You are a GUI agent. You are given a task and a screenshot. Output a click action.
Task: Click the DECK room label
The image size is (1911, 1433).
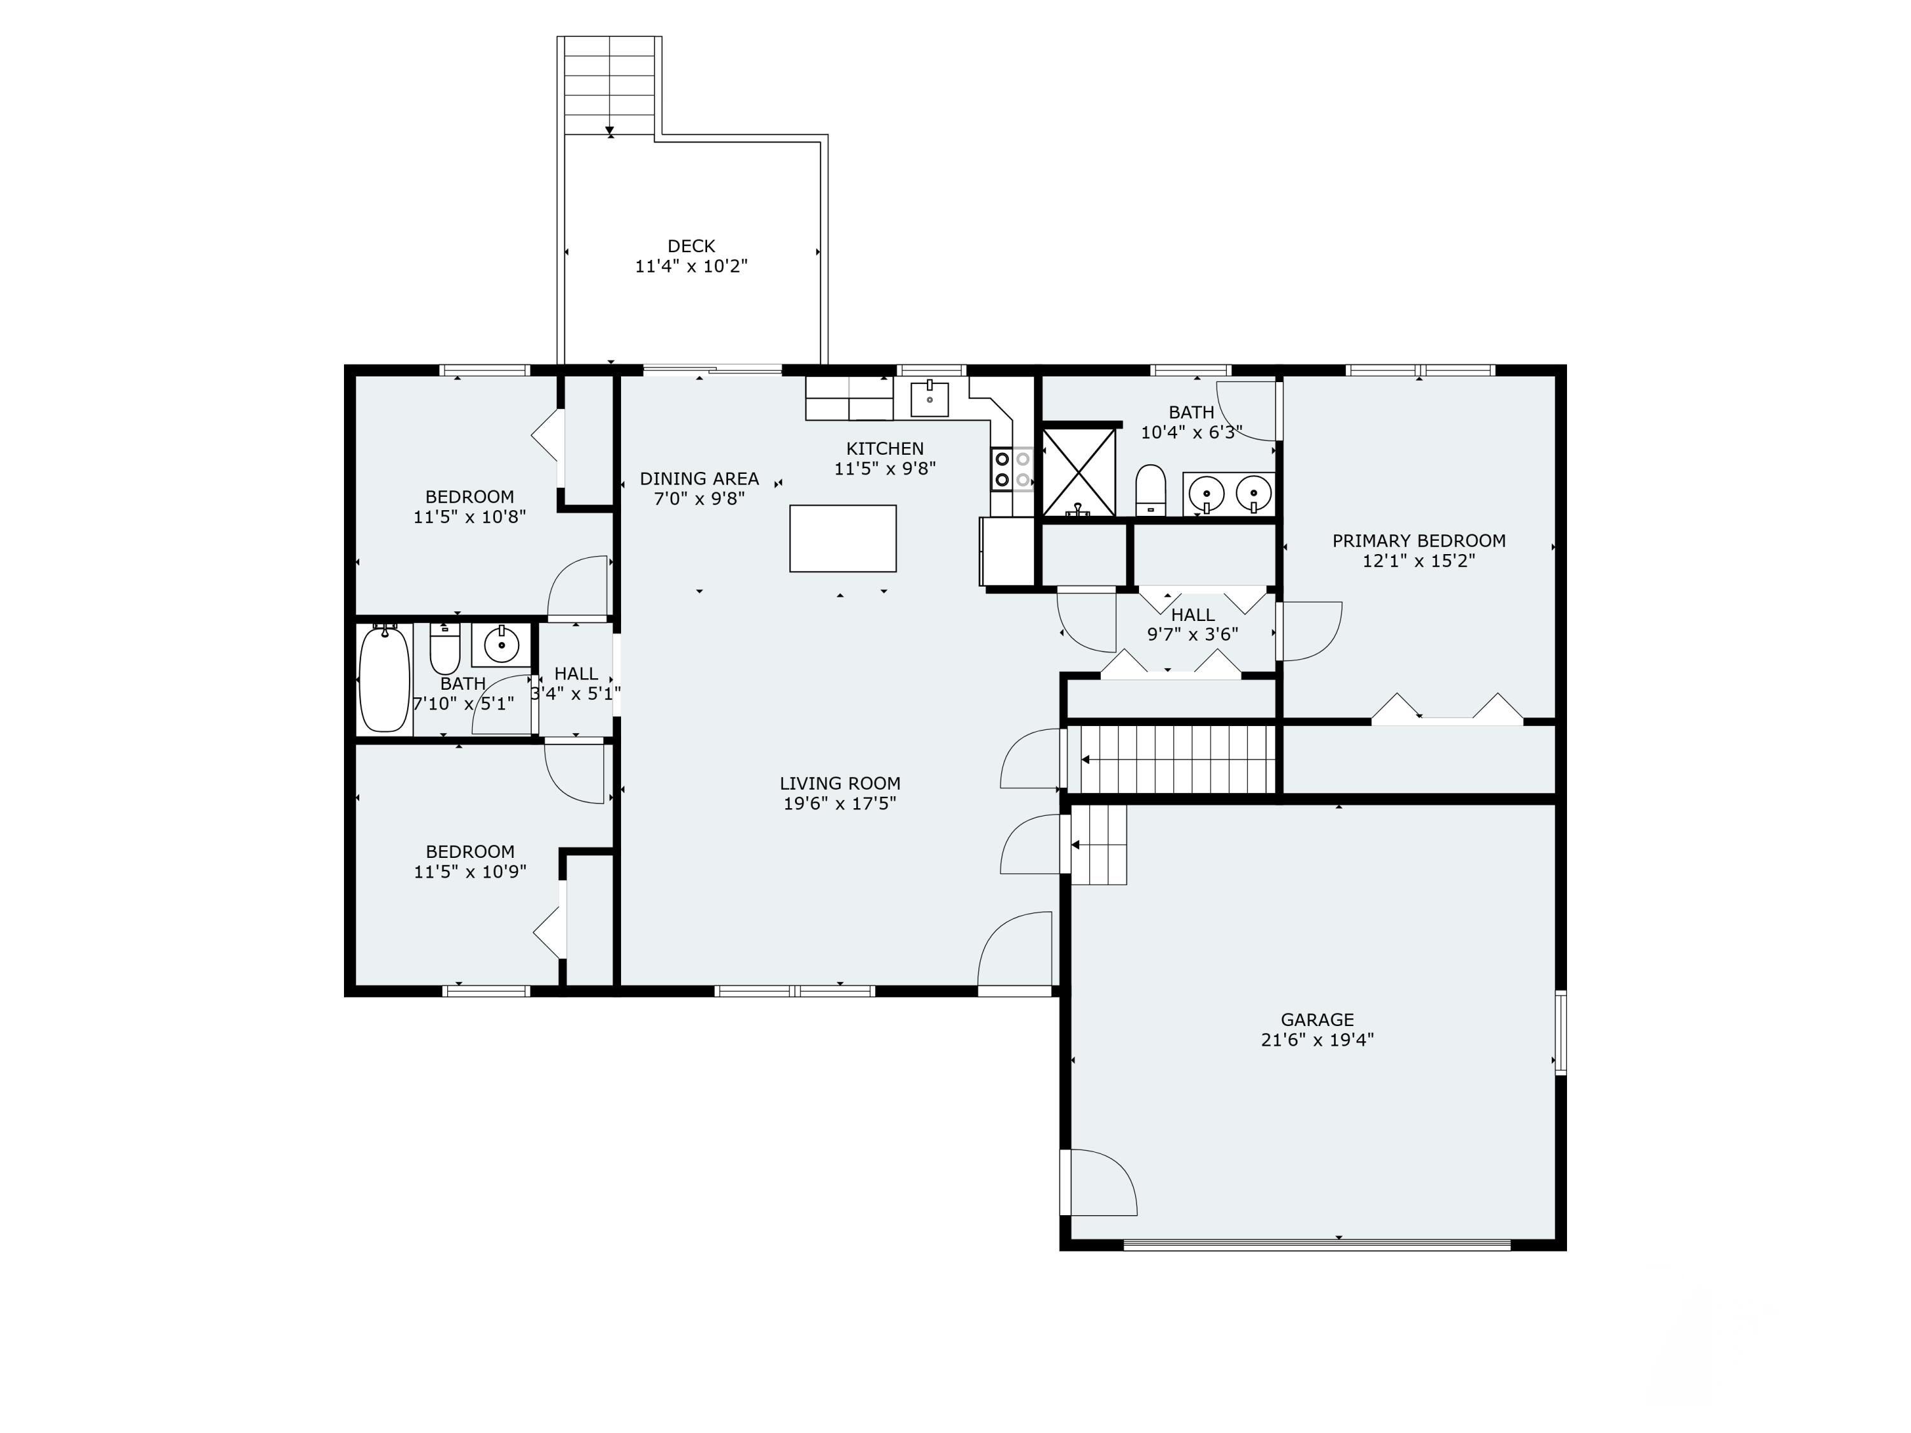[691, 247]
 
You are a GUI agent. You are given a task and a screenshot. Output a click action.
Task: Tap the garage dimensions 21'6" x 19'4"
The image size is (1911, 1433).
[1317, 1040]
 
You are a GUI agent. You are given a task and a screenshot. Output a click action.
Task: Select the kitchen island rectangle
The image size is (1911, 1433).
[842, 538]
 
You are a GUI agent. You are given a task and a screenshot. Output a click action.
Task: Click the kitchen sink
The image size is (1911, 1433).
[929, 400]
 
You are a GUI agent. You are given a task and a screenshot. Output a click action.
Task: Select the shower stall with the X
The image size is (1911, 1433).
[1079, 472]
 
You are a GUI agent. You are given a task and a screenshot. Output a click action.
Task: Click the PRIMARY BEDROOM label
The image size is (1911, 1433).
[1419, 541]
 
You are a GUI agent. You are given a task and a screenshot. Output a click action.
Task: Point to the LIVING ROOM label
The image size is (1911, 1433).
[840, 783]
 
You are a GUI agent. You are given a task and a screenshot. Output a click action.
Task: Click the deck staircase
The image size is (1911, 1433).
[609, 87]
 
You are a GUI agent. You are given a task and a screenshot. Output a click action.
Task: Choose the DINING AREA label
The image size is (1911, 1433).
[699, 478]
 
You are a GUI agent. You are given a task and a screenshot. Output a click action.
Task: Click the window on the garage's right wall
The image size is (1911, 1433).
[1560, 1033]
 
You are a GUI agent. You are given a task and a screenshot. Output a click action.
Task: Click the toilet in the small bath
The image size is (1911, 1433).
[445, 652]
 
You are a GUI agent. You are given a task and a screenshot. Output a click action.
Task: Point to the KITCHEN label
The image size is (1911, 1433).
[885, 448]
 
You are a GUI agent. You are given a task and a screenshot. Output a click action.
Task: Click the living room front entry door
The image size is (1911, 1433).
[1015, 950]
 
